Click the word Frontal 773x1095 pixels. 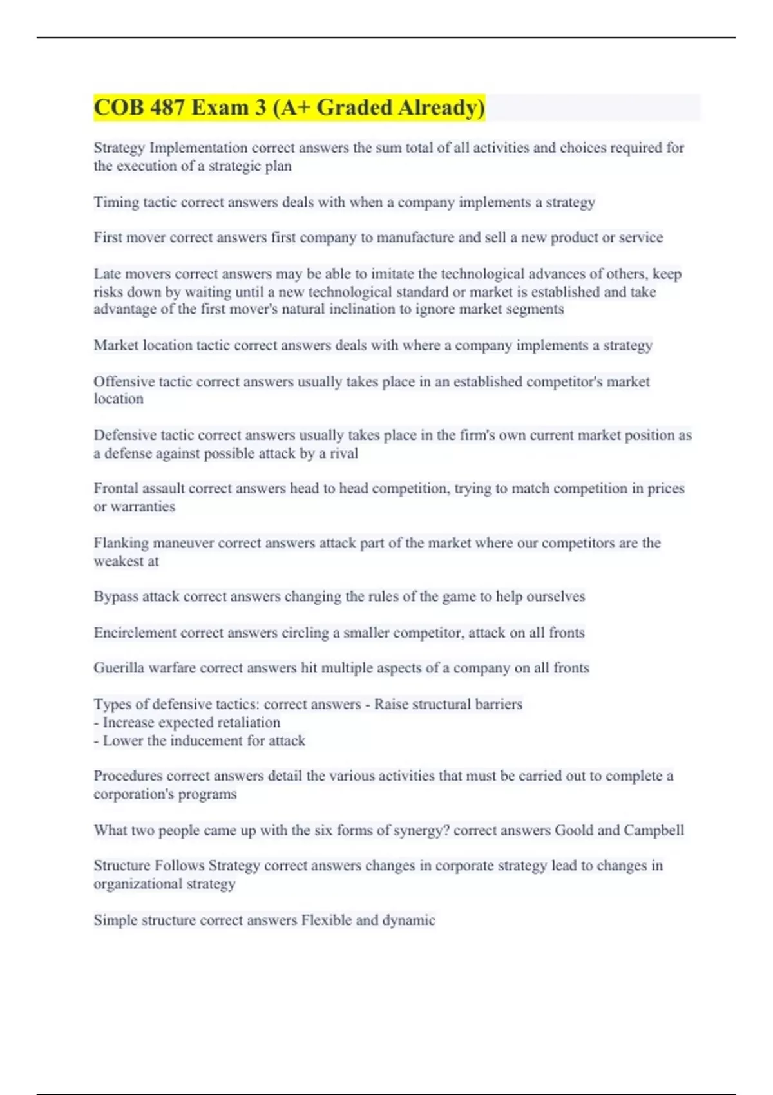[x=117, y=488]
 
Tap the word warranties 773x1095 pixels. [x=142, y=506]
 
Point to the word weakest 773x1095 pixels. [x=120, y=561]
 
